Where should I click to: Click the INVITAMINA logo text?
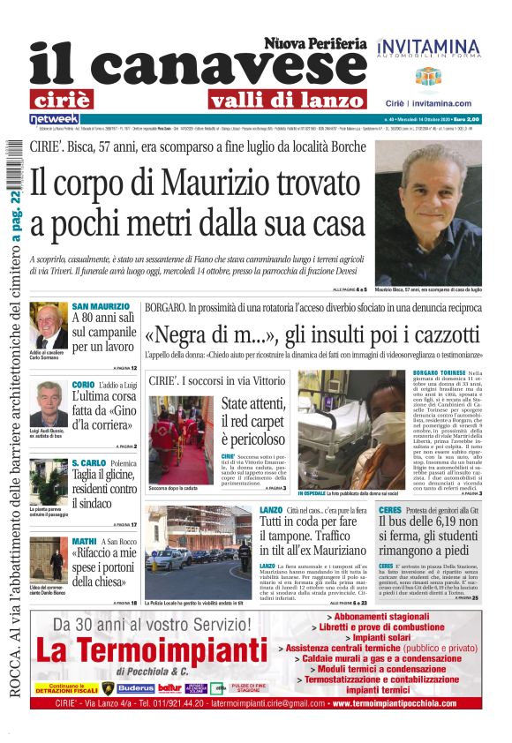point(427,45)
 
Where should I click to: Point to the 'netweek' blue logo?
point(54,119)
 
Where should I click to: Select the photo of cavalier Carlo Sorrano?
point(49,326)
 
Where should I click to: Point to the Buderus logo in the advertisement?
point(135,687)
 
